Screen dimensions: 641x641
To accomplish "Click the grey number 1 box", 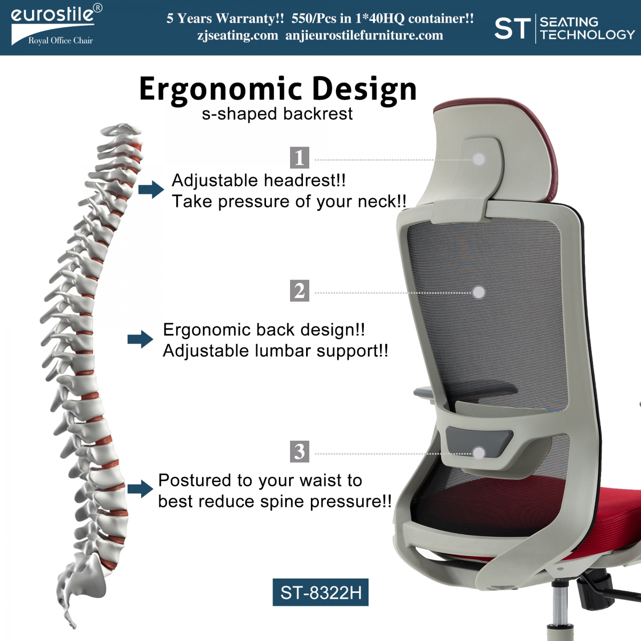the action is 299,158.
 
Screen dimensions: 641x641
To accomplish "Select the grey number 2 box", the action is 299,291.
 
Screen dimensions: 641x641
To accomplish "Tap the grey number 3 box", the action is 299,451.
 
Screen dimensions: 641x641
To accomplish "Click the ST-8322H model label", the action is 320,592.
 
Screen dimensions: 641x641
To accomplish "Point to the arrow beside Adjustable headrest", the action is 151,190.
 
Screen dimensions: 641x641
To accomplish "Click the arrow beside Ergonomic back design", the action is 140,339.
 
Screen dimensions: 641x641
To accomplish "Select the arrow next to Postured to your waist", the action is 140,489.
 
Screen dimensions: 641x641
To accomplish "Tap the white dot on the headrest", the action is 479,159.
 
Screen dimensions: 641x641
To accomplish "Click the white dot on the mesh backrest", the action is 479,292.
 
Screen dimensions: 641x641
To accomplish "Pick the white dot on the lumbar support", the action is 479,453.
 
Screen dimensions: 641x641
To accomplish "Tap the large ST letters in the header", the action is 512,29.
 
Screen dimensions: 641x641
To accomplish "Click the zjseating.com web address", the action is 238,36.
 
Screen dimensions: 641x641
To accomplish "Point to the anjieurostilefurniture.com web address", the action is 364,36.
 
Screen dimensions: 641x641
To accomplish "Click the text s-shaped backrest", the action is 277,114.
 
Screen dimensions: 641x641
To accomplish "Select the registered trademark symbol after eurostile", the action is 97,9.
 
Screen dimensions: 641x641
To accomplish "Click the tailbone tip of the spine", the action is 74,627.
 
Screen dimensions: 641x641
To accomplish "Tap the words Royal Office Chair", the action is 60,41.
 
